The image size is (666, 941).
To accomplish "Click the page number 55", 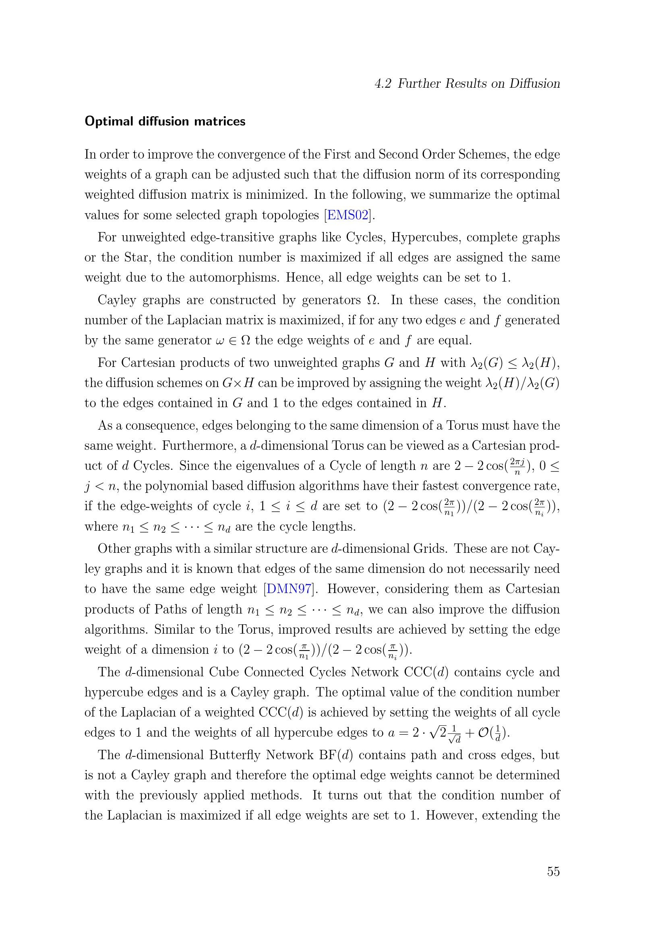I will [553, 871].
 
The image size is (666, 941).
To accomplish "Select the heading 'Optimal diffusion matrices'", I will [165, 121].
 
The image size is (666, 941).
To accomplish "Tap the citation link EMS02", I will [348, 215].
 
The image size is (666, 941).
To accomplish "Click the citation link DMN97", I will [289, 589].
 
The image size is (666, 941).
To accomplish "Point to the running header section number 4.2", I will [383, 84].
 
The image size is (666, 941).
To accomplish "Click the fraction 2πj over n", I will [517, 466].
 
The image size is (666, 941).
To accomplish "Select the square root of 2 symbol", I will [437, 732].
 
